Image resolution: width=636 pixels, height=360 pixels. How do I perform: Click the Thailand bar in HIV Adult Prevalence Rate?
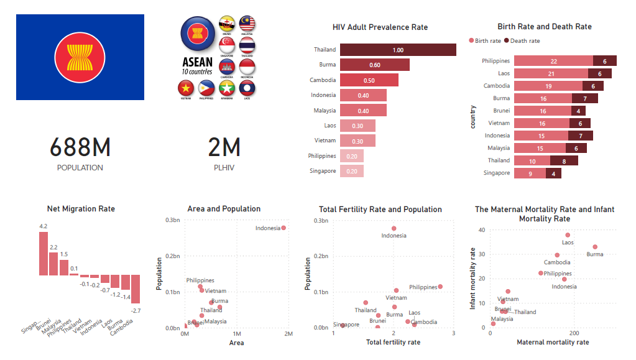398,50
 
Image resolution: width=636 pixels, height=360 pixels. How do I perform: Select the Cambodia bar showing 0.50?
369,80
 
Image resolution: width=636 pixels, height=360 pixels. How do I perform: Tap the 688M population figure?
80,148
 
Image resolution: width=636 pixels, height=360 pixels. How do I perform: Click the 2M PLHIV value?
224,148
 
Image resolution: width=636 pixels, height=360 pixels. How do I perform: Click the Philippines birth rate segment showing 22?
553,61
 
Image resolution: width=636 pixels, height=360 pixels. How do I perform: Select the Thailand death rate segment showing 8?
564,160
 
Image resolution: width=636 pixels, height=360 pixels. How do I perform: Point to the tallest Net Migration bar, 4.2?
43,254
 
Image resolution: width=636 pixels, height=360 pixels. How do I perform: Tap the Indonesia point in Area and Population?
283,228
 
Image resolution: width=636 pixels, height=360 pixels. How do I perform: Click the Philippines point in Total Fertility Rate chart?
440,287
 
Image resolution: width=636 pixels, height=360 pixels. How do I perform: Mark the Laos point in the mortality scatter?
568,235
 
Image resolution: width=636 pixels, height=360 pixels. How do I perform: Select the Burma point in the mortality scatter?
595,247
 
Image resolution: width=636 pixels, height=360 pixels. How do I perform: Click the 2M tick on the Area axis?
288,335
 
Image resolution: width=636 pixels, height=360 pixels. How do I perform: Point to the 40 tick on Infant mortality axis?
481,229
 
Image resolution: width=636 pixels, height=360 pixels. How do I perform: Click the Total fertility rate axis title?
393,343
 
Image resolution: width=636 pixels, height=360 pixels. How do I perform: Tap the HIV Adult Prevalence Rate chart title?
380,27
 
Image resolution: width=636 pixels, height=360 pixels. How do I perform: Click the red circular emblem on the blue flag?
80,57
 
